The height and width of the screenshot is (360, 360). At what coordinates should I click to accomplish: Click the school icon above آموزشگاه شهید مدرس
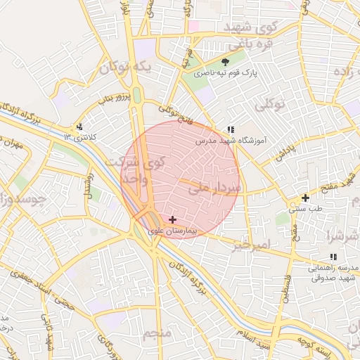[x=230, y=129]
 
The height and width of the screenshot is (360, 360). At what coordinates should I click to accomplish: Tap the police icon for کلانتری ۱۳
[x=79, y=127]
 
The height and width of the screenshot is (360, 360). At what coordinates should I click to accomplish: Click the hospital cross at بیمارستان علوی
[x=173, y=220]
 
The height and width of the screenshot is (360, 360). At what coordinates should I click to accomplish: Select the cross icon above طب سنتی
[x=304, y=198]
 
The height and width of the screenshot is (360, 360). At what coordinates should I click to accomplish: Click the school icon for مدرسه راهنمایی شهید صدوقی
[x=333, y=257]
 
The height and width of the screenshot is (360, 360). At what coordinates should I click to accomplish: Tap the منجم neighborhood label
[x=158, y=333]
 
